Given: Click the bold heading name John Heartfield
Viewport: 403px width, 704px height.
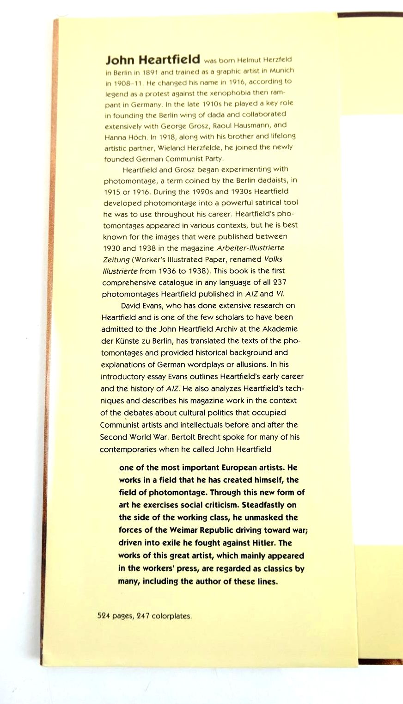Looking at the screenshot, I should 153,60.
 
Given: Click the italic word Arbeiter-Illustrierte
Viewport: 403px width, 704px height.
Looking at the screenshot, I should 250,248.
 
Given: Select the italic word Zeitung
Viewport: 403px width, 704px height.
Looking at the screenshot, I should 116,259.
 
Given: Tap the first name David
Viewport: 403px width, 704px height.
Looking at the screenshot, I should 131,306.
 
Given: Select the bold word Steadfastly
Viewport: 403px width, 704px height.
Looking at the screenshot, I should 269,505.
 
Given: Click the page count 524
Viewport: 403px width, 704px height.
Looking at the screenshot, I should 104,616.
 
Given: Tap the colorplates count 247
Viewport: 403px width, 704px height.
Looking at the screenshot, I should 143,616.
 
